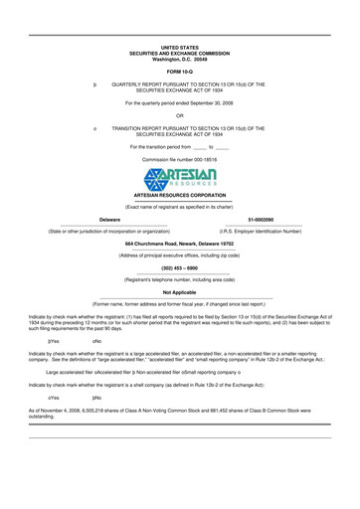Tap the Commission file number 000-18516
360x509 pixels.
(x=180, y=159)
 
